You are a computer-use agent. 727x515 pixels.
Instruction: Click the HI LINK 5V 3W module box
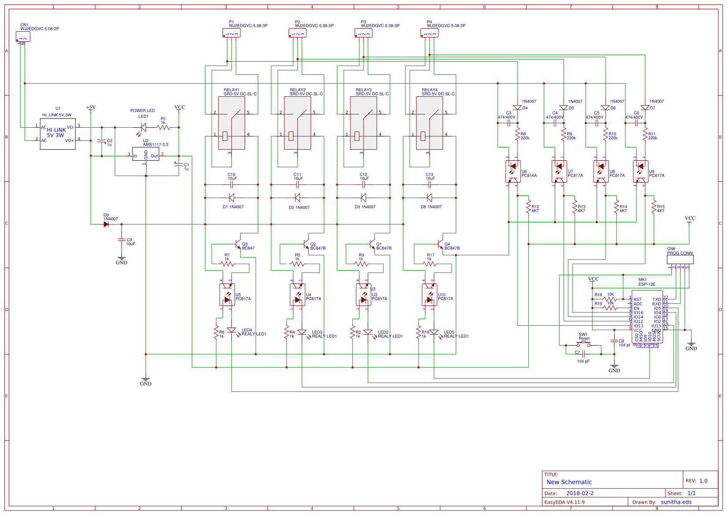[58, 134]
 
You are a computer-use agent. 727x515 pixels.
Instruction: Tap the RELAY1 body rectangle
[231, 123]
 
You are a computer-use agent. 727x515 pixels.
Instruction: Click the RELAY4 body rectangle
[430, 123]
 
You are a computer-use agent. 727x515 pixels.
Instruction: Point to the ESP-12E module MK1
[647, 316]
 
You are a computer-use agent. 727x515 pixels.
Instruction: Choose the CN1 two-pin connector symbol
[23, 37]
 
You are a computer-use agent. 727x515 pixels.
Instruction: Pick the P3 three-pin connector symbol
[363, 33]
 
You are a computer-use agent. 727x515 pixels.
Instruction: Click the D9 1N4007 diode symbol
[106, 224]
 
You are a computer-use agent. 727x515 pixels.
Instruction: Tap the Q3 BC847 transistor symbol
[238, 243]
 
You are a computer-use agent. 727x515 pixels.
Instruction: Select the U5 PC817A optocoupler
[227, 294]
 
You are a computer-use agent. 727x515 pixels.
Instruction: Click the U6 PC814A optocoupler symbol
[513, 171]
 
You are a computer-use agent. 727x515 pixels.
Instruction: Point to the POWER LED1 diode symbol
[143, 128]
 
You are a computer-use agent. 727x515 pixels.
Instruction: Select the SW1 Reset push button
[584, 344]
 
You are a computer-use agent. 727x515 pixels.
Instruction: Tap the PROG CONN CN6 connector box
[680, 260]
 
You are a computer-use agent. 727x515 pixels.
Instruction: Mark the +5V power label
[91, 107]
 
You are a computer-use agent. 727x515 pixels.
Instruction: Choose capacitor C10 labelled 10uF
[231, 184]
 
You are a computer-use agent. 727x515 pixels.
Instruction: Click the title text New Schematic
[569, 482]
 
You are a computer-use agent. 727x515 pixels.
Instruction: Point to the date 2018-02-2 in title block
[580, 493]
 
